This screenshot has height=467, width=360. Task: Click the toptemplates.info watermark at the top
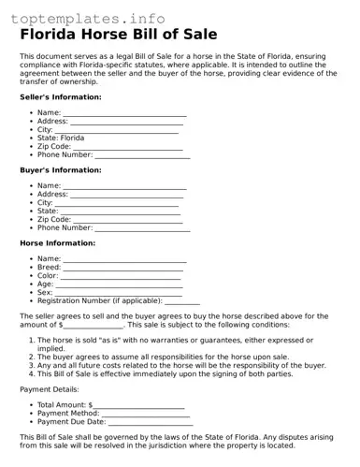click(88, 18)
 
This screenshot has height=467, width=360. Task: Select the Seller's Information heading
click(61, 97)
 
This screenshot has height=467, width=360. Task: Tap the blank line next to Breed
click(122, 268)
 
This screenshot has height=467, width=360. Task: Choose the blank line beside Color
click(121, 276)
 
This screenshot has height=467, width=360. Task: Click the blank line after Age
click(119, 285)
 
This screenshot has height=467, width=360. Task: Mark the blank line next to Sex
click(119, 293)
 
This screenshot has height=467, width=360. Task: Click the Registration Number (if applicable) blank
click(182, 301)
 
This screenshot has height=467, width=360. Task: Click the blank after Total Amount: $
click(139, 404)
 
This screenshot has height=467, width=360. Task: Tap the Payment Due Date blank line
click(151, 422)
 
